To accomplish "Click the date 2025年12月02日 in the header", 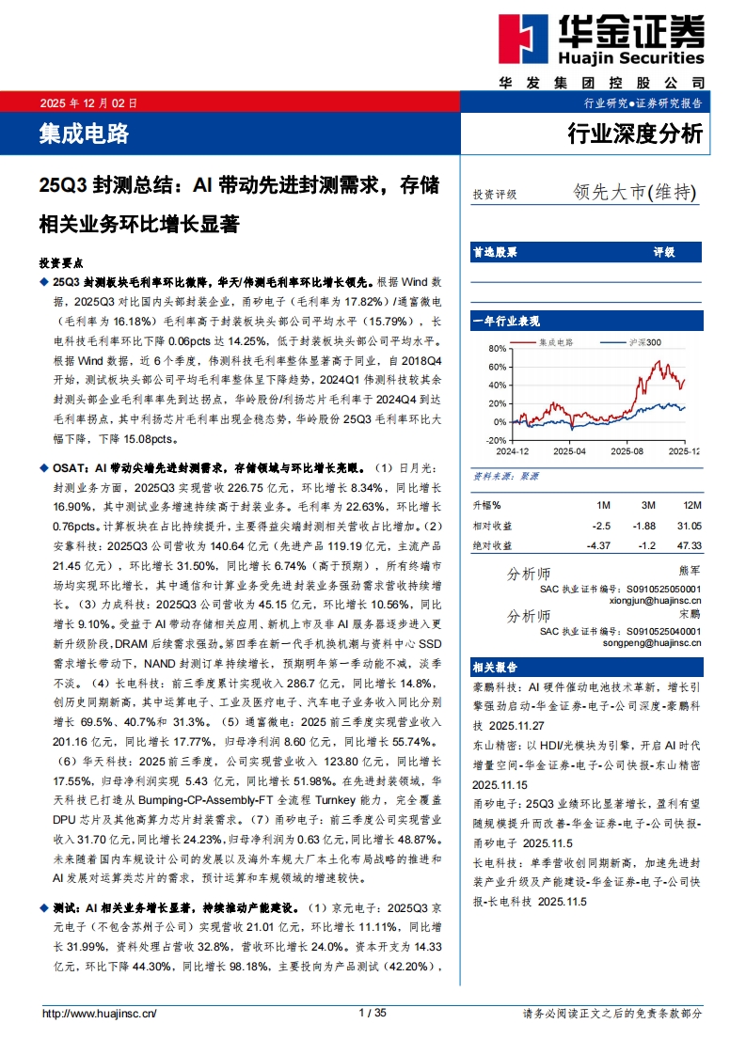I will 88,102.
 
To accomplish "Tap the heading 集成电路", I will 84,134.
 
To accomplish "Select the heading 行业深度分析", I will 635,134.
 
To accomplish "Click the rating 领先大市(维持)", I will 635,193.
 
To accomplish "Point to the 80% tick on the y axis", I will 497,348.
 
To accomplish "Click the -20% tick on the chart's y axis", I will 496,439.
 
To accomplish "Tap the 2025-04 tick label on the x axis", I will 570,451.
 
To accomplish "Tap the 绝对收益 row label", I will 493,544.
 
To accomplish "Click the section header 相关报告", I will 492,667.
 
